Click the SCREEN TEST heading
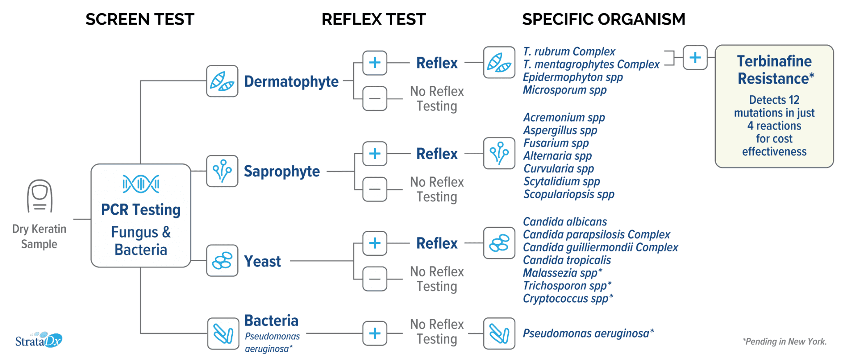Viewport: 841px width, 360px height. pyautogui.click(x=140, y=19)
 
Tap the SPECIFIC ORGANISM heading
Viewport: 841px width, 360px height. pyautogui.click(x=604, y=19)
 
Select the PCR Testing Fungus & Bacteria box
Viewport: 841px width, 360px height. pyautogui.click(x=141, y=216)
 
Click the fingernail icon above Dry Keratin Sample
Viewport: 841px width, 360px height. pyautogui.click(x=40, y=196)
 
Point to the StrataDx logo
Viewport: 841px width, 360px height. pyautogui.click(x=39, y=340)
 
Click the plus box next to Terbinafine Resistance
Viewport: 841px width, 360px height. pyautogui.click(x=695, y=58)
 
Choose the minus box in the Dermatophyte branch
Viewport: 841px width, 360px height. pyautogui.click(x=375, y=99)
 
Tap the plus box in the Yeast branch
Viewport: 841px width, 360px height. pyautogui.click(x=375, y=243)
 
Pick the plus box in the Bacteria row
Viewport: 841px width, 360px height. pyautogui.click(x=375, y=333)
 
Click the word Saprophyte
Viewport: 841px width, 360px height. pyautogui.click(x=282, y=171)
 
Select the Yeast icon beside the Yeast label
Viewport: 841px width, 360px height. pyautogui.click(x=222, y=261)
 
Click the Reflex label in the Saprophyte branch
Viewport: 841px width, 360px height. pyautogui.click(x=437, y=154)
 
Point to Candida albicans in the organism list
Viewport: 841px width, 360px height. pyautogui.click(x=565, y=222)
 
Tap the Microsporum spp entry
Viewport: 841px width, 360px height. pyautogui.click(x=565, y=90)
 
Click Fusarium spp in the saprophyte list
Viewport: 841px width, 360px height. pyautogui.click(x=556, y=143)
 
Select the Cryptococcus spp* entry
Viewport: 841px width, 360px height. pyautogui.click(x=568, y=298)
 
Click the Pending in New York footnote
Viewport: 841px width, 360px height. pyautogui.click(x=785, y=342)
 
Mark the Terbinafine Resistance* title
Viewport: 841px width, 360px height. pyautogui.click(x=775, y=70)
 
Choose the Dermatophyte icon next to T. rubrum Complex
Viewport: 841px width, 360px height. pyautogui.click(x=499, y=62)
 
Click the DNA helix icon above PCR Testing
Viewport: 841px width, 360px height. pyautogui.click(x=141, y=184)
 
